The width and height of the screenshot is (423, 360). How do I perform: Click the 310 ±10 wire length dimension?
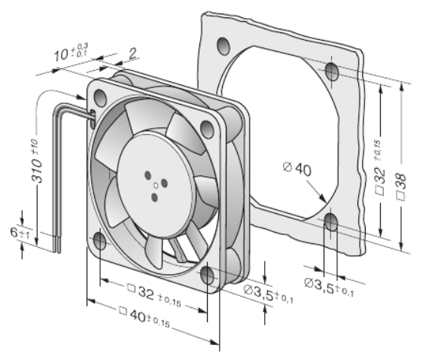pos(37,161)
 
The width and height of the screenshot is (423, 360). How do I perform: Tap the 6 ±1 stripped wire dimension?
pos(20,233)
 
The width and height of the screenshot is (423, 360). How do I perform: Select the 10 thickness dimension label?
pos(71,53)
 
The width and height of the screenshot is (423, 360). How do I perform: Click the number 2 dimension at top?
pos(132,53)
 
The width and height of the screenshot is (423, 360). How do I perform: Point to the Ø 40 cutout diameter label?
pos(297,169)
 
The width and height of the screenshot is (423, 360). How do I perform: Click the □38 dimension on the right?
pos(401,187)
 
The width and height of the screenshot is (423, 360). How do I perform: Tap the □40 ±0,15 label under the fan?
pos(145,317)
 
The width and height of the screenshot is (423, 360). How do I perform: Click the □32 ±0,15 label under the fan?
pos(154,294)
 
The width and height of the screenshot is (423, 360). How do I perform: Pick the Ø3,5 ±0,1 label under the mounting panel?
pos(329,287)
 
